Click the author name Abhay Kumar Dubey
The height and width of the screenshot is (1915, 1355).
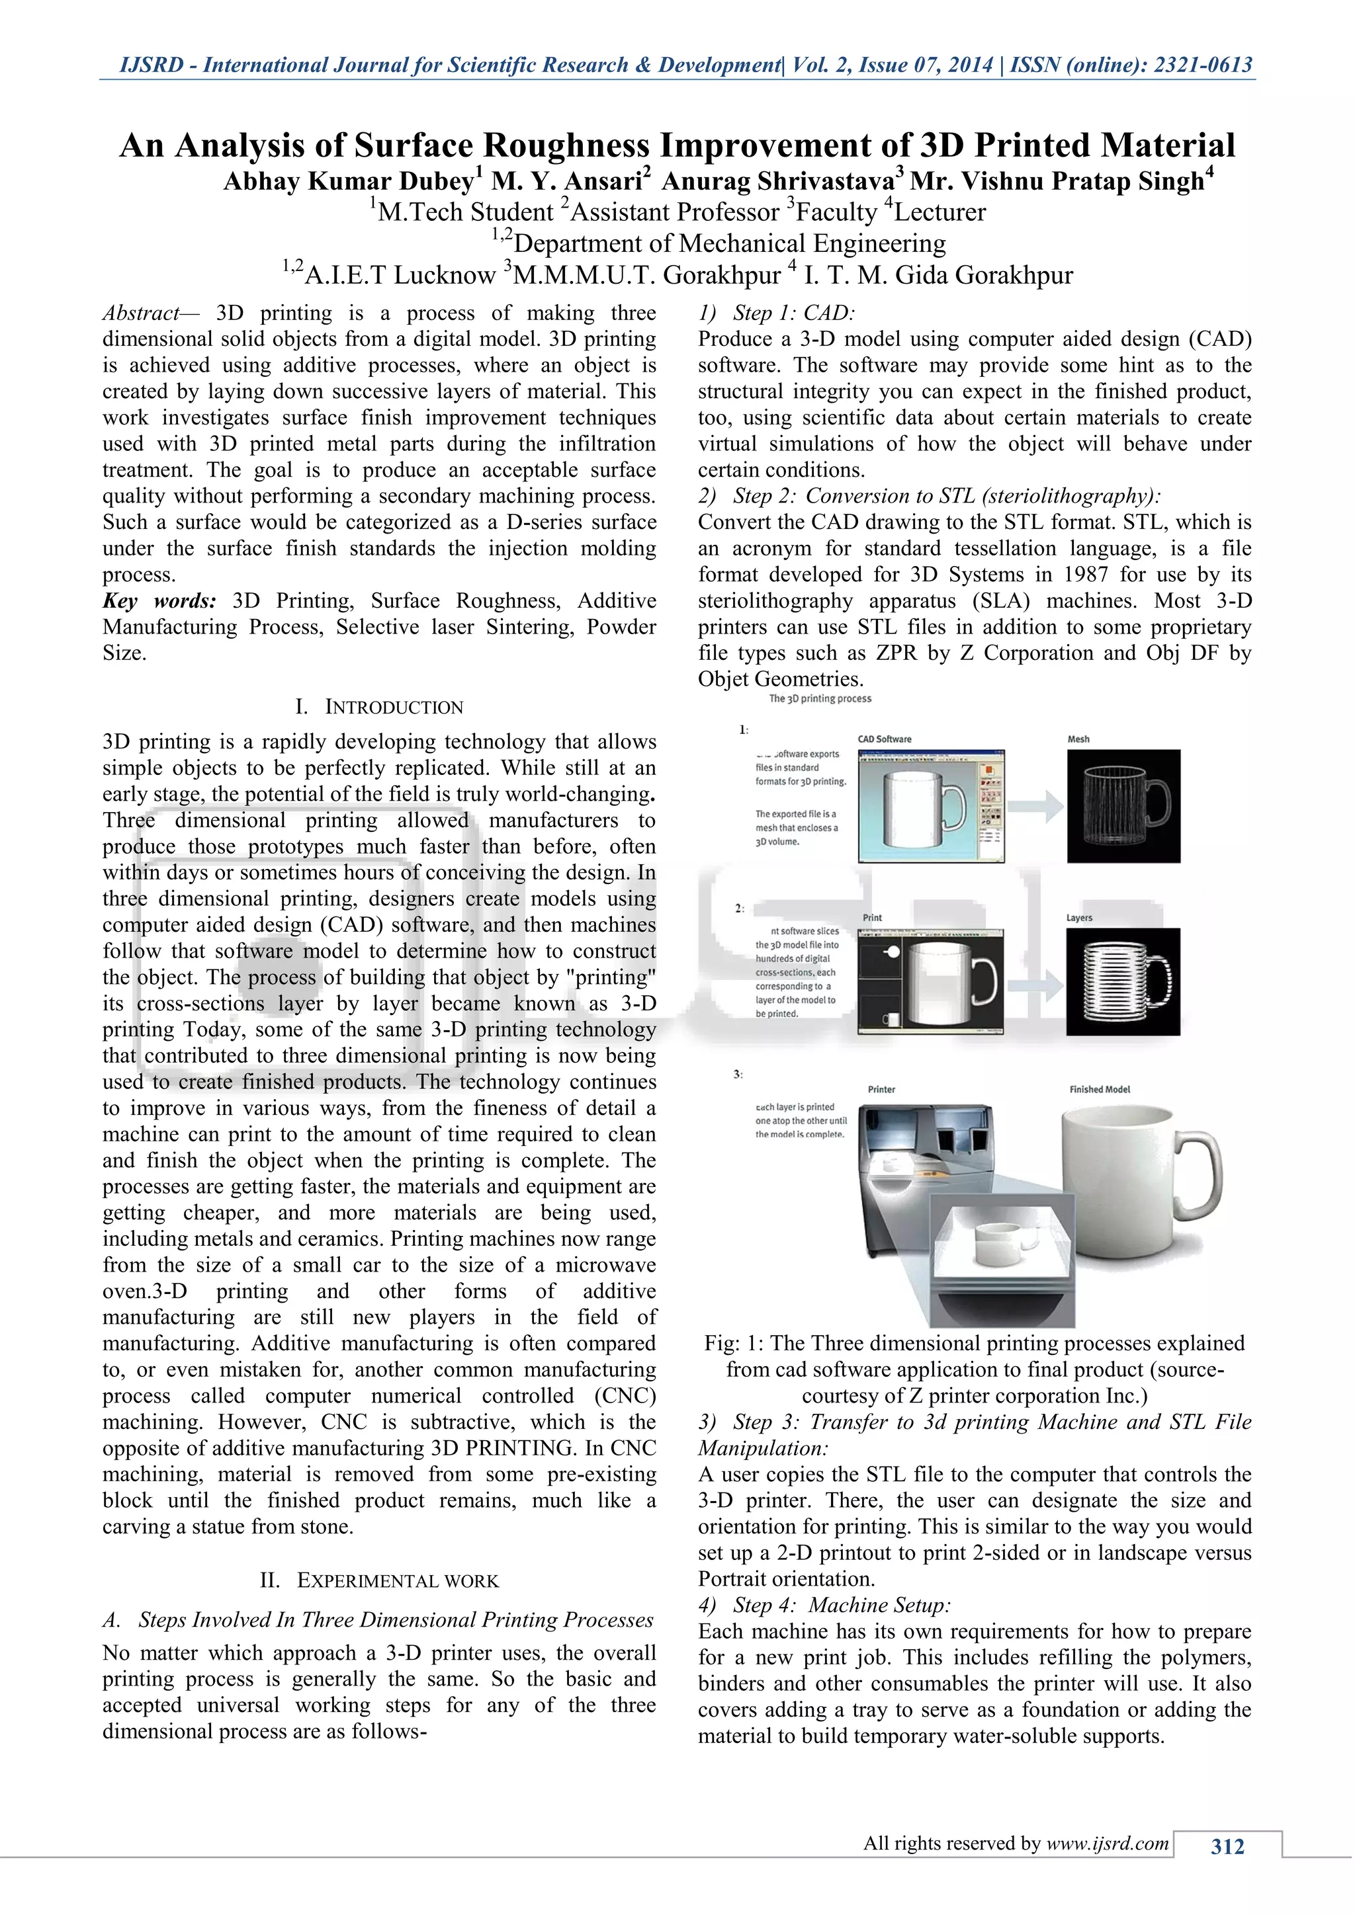pos(348,181)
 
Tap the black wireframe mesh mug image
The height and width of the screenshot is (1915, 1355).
pos(1123,805)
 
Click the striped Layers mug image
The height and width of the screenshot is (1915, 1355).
pos(1123,982)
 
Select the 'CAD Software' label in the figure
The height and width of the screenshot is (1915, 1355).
pos(885,739)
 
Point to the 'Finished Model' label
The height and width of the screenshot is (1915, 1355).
pos(1100,1089)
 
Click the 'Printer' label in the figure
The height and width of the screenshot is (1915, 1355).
pos(881,1089)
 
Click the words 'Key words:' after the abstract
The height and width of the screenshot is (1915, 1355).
pos(159,600)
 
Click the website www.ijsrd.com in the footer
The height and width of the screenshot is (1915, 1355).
pos(1107,1844)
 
